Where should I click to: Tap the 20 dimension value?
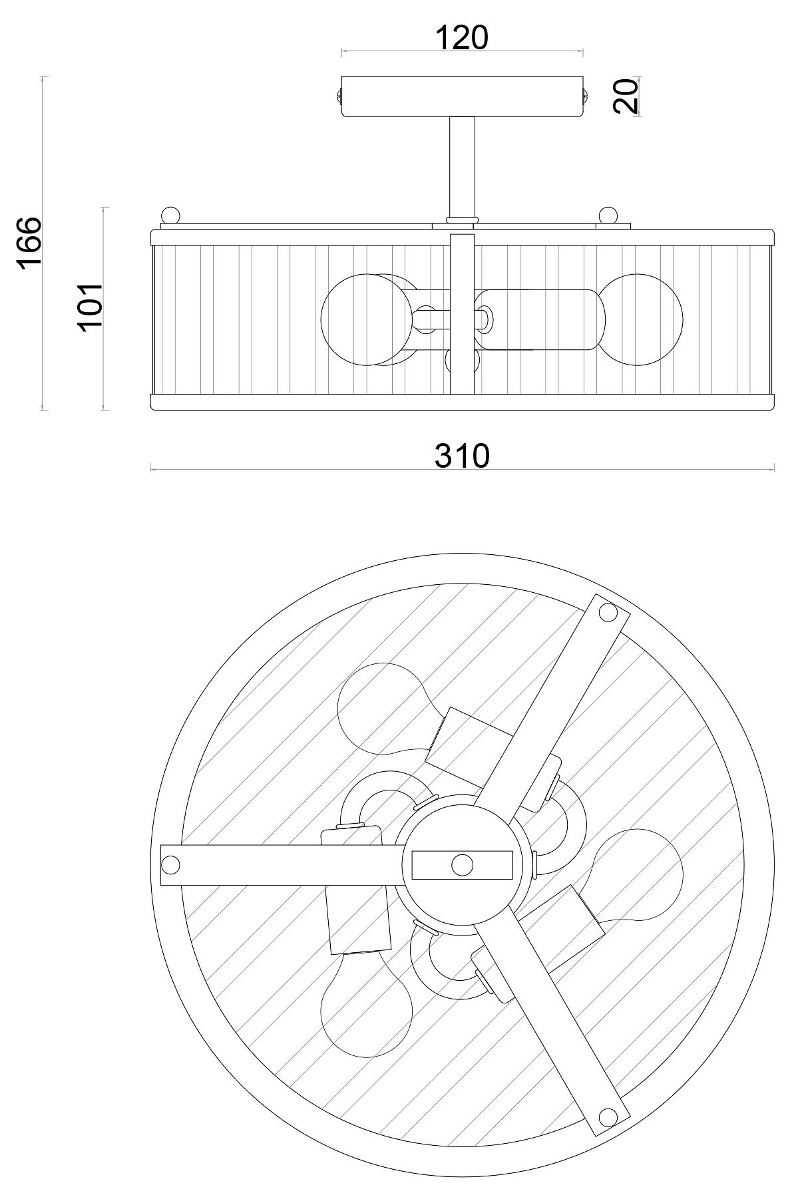click(x=626, y=96)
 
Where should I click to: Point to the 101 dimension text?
click(x=90, y=305)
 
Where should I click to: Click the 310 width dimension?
click(x=462, y=456)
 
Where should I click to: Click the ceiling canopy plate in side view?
click(x=462, y=96)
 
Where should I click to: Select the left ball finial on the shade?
click(x=171, y=216)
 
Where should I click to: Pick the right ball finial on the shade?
click(x=608, y=216)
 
